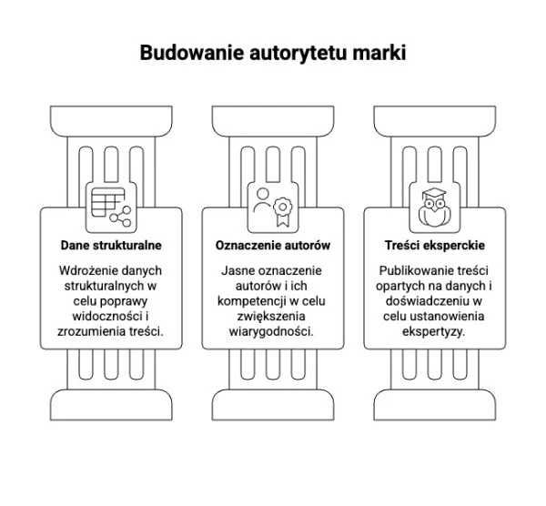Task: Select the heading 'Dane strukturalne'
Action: point(111,245)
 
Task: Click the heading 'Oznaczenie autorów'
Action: point(273,245)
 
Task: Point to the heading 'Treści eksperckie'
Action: point(435,245)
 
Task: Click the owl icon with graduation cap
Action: point(434,207)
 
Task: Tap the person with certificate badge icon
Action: point(273,207)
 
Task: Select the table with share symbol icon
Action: point(111,207)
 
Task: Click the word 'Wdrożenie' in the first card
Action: point(86,270)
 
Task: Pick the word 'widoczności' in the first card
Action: point(107,316)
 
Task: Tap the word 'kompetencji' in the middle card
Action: point(252,301)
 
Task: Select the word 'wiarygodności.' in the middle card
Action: point(271,331)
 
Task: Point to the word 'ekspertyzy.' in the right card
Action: point(433,331)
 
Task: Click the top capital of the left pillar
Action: point(111,121)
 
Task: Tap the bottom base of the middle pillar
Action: point(273,405)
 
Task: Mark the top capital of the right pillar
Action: point(435,121)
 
